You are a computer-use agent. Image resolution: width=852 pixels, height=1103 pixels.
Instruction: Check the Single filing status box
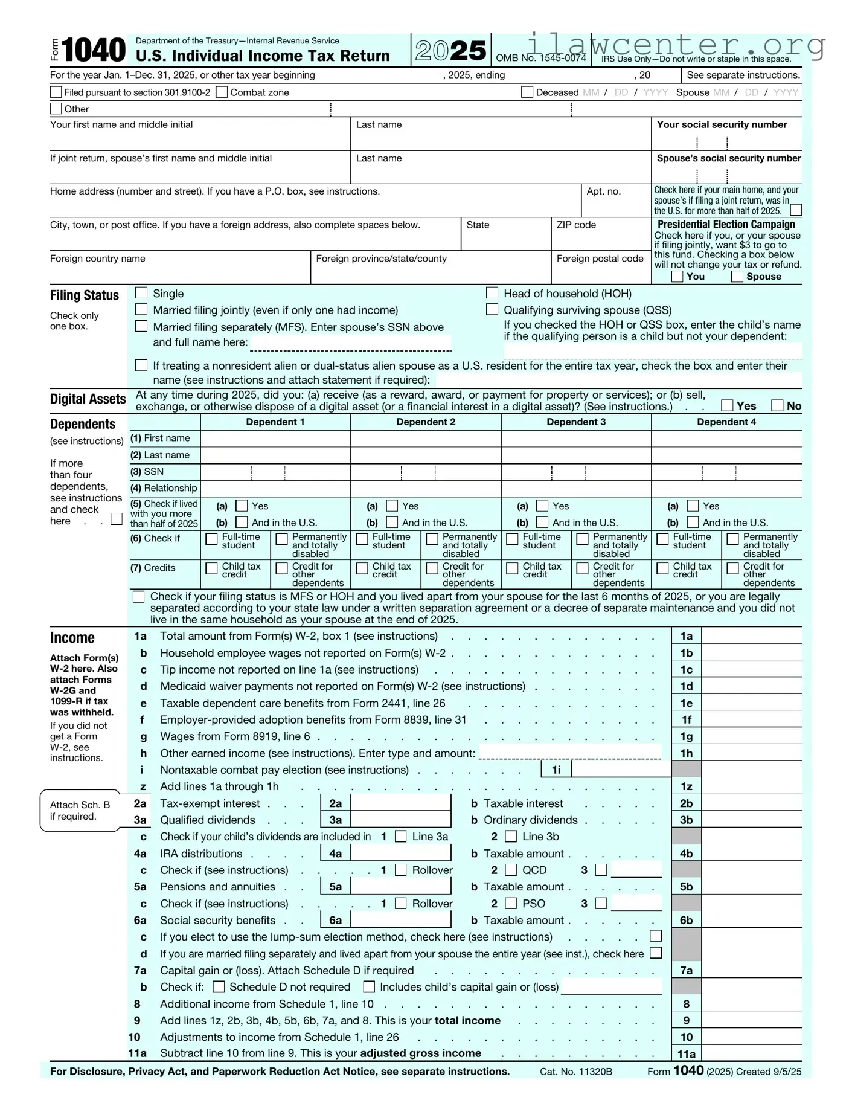point(141,293)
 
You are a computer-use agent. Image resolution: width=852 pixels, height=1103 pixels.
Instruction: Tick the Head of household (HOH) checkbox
point(492,293)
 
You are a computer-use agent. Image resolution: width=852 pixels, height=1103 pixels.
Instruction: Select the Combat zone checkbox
point(222,92)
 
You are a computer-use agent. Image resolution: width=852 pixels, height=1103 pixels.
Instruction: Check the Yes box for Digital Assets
point(728,405)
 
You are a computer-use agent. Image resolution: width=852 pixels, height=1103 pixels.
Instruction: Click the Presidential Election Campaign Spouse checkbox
point(737,277)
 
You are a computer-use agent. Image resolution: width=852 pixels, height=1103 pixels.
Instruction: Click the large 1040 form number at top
point(94,50)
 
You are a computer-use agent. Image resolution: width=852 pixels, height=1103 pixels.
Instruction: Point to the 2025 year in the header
point(450,51)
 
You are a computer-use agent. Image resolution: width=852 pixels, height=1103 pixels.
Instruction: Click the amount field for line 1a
point(751,636)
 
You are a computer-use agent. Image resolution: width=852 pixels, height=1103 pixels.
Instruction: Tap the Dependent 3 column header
point(576,422)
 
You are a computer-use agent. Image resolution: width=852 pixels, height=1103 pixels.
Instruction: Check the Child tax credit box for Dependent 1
point(211,568)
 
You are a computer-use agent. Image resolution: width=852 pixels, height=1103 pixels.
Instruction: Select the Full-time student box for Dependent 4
point(662,539)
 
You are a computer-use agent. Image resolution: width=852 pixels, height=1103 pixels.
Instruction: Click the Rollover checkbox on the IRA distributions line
point(400,870)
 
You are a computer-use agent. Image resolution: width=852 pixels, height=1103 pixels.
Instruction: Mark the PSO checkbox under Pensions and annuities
point(511,904)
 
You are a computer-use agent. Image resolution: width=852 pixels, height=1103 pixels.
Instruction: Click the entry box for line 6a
point(400,920)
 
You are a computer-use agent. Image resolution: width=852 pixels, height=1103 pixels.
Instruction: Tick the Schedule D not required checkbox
point(219,986)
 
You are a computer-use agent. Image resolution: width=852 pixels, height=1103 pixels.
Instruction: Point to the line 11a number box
point(686,1054)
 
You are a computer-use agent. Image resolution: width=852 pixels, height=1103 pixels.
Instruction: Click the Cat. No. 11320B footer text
point(576,1072)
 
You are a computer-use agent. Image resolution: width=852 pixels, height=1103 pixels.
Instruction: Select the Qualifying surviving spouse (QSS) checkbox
point(492,310)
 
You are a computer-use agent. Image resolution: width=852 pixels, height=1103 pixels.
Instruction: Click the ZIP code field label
point(576,225)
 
